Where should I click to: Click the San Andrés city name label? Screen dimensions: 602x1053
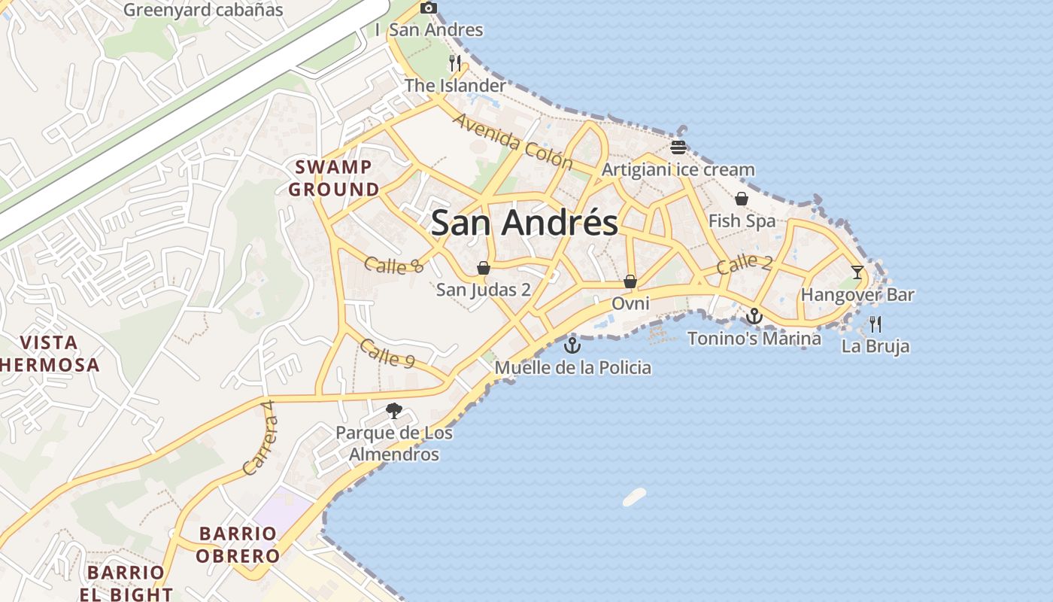coord(524,223)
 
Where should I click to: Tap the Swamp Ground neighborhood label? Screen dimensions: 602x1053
coord(334,178)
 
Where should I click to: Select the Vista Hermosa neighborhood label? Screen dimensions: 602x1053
coord(49,354)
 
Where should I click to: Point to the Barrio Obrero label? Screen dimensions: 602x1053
coord(238,545)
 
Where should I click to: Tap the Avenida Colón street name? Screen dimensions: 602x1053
coord(513,142)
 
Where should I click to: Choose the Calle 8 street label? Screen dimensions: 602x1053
coord(394,265)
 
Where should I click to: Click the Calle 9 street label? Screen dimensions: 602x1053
coord(387,352)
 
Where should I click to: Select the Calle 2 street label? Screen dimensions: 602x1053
coord(745,264)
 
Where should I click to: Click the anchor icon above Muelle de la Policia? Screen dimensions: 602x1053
coord(572,345)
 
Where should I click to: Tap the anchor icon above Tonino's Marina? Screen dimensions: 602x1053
coord(754,316)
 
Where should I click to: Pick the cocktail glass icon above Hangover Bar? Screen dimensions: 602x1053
coord(857,272)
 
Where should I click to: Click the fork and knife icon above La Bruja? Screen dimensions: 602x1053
coord(875,324)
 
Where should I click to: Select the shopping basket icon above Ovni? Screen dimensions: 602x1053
coord(630,281)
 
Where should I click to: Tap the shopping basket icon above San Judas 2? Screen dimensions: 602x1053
coord(484,268)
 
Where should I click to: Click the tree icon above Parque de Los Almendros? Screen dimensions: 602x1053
coord(393,410)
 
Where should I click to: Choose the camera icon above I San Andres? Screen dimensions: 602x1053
coord(429,8)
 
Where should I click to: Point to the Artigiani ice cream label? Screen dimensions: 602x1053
coord(678,169)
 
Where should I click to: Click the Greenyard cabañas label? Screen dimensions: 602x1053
coord(203,10)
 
